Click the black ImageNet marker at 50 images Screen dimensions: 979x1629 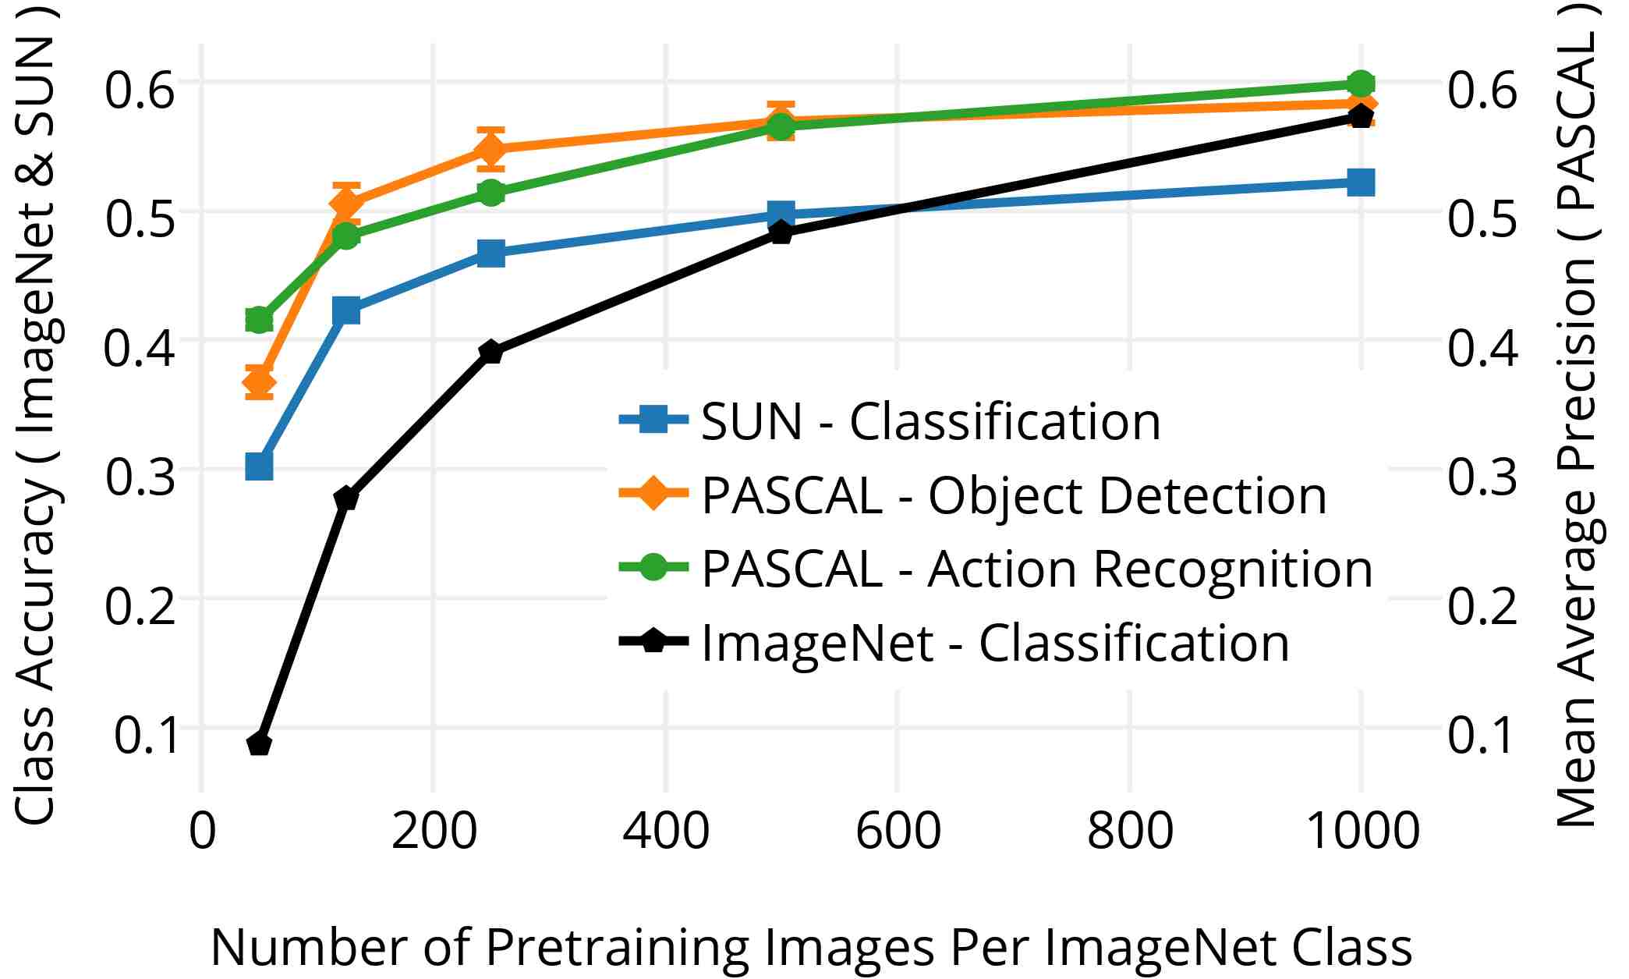(259, 744)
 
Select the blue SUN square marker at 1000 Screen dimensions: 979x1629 (1361, 183)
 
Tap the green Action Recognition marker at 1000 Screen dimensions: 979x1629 (1361, 83)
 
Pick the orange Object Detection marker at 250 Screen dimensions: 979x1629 (490, 148)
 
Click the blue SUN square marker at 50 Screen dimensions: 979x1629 (259, 466)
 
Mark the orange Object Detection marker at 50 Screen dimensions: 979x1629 (259, 383)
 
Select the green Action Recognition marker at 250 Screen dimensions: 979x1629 (490, 193)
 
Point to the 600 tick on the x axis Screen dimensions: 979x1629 (898, 831)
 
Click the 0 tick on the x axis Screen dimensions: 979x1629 (202, 831)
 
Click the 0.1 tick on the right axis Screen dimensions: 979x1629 (1483, 736)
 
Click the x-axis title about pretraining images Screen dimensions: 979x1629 (811, 947)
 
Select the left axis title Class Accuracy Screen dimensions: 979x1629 (35, 413)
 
